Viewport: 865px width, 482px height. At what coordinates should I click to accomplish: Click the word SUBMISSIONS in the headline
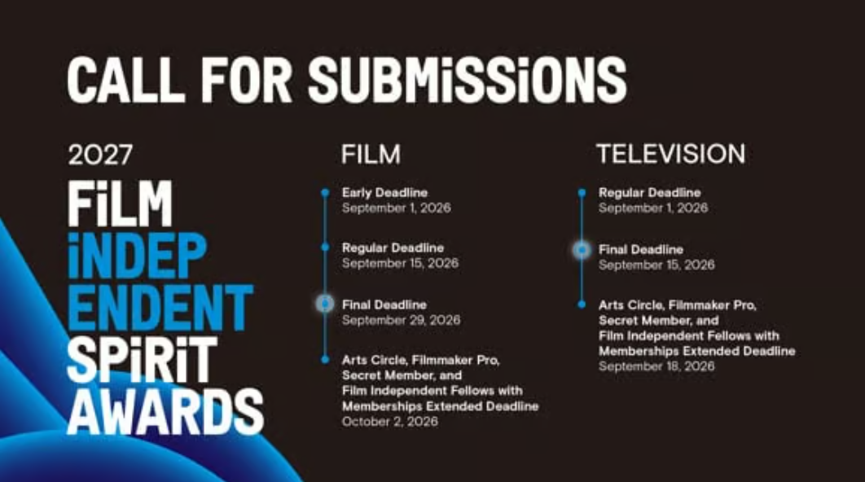coord(467,80)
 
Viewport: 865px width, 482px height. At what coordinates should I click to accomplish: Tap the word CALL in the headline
coord(125,80)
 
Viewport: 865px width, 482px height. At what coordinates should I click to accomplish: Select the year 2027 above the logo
coord(100,155)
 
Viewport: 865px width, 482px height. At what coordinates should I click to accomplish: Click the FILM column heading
coord(371,155)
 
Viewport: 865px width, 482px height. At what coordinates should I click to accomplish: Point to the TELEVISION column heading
coord(671,154)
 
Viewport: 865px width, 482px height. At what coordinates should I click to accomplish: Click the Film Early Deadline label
coord(384,193)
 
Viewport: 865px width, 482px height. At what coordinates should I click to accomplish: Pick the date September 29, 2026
coord(401,320)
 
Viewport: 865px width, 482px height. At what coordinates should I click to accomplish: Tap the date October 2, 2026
coord(389,421)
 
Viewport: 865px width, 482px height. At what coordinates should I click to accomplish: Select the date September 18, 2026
coord(656,366)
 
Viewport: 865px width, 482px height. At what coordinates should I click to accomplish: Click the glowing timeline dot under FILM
coord(325,304)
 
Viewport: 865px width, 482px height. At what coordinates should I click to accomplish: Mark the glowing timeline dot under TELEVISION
coord(582,250)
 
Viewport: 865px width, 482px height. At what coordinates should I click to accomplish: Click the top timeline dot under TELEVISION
coord(582,192)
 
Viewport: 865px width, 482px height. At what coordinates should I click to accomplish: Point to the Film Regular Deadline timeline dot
coord(325,247)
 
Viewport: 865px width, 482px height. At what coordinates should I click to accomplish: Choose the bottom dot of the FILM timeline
coord(325,360)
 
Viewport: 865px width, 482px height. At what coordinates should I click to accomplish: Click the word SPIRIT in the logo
coord(142,360)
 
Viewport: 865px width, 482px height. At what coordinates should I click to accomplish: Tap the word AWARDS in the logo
coord(165,411)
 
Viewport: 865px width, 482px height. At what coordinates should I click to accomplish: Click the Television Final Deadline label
coord(640,250)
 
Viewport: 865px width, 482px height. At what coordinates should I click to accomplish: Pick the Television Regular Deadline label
coord(649,193)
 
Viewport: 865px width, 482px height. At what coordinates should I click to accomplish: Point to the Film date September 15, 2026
coord(400,263)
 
